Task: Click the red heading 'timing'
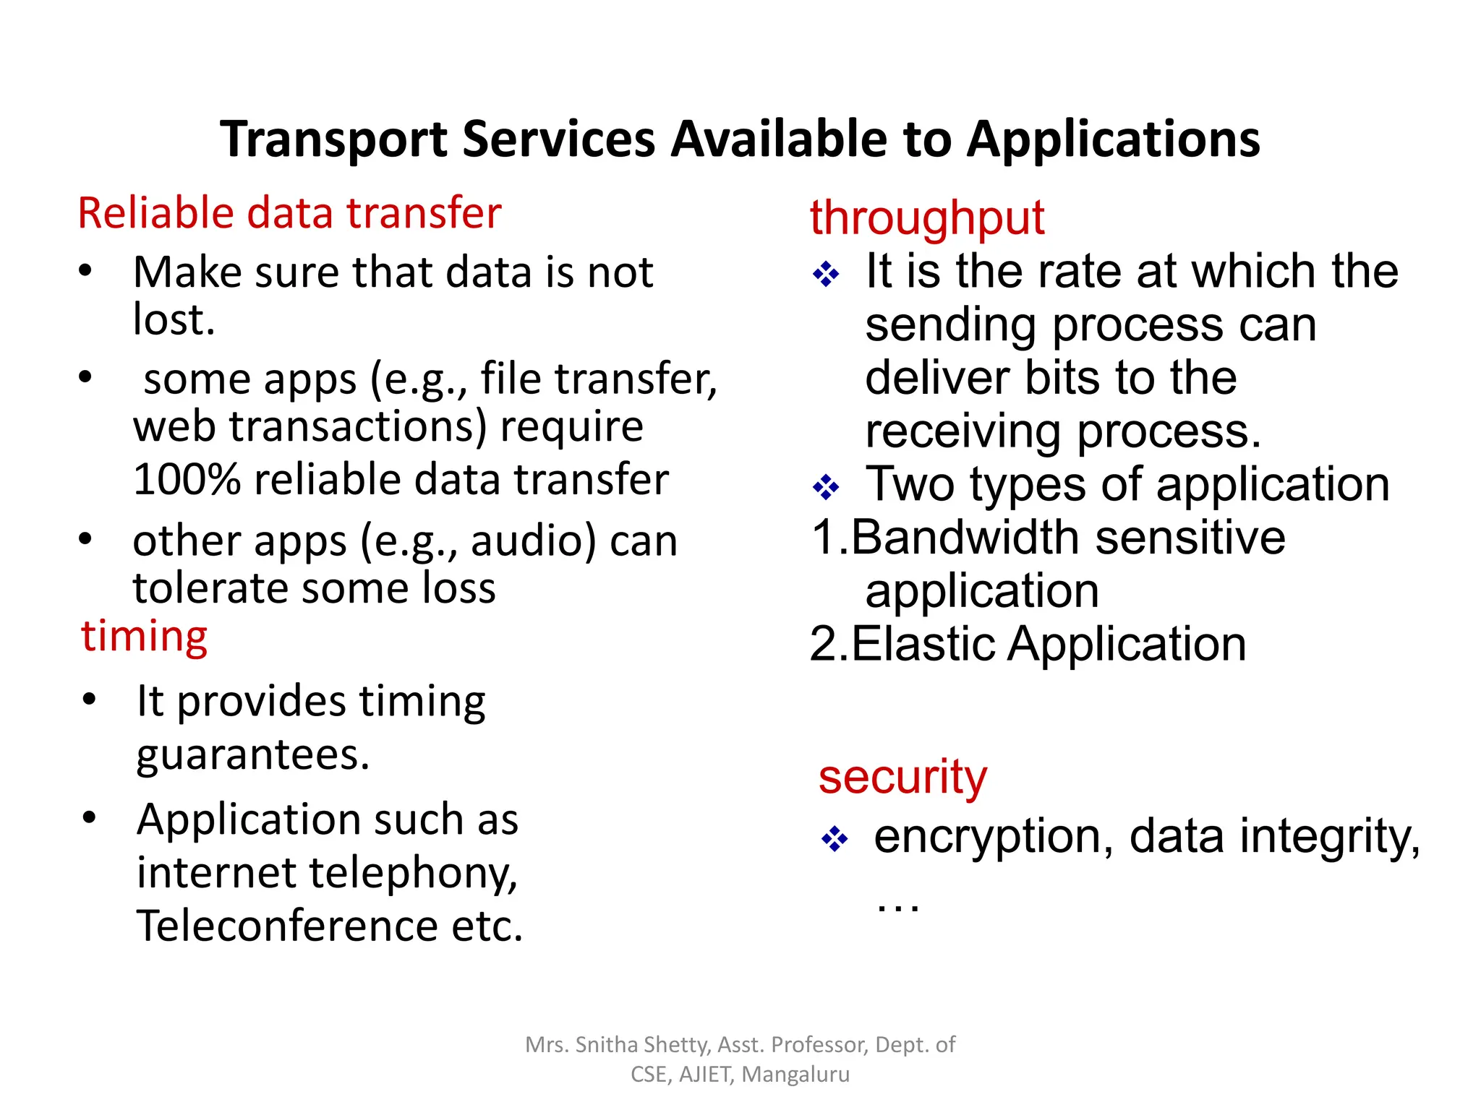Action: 145,637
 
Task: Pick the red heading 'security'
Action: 902,778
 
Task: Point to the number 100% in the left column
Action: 187,480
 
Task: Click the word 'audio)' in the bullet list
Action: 534,541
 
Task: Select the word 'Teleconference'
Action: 287,926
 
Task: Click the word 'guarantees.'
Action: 253,755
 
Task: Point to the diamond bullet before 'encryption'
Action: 835,839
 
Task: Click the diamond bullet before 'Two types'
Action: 826,487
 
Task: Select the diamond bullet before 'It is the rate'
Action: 826,274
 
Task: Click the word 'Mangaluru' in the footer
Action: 795,1075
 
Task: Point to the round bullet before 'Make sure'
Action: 85,271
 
